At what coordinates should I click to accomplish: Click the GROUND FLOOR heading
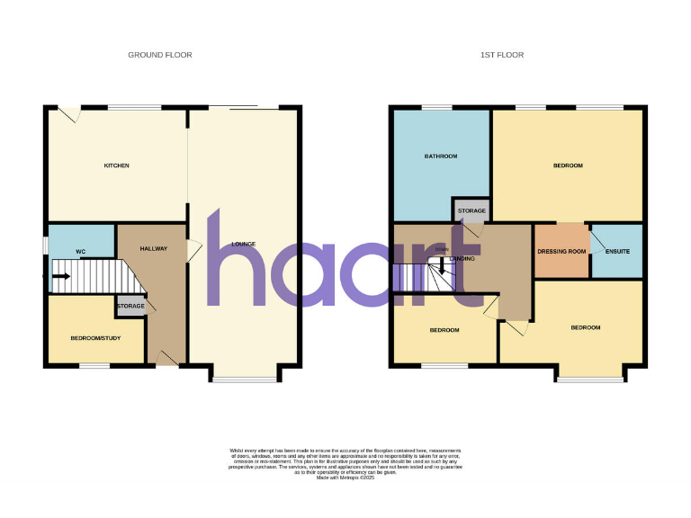tap(159, 55)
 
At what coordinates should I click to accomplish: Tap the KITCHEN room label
tap(117, 165)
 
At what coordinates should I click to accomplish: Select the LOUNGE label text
tap(243, 244)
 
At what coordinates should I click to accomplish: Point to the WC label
tap(80, 251)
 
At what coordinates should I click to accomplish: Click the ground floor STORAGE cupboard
tap(130, 307)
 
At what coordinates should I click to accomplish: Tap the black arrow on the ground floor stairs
tap(60, 276)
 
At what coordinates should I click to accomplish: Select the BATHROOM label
tap(441, 156)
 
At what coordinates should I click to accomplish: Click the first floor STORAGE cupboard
tap(471, 211)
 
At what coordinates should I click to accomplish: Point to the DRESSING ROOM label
tap(561, 251)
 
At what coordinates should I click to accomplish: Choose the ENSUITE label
tap(616, 251)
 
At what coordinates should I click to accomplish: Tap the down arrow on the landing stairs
tap(441, 267)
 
